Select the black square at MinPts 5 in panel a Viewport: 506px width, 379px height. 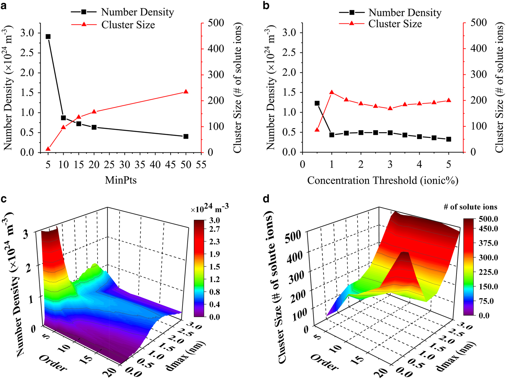(48, 36)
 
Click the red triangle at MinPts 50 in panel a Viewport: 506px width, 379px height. (186, 92)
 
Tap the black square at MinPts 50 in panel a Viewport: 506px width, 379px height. (186, 136)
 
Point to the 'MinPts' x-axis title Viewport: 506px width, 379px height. (121, 180)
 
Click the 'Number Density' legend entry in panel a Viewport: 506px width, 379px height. (137, 12)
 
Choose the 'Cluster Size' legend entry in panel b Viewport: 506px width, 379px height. (395, 24)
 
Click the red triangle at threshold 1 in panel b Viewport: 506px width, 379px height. (332, 92)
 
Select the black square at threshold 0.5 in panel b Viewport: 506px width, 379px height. (317, 103)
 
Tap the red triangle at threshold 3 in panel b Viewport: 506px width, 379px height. (390, 108)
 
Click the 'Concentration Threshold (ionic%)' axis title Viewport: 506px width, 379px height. (382, 180)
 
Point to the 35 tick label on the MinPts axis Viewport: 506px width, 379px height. (125, 165)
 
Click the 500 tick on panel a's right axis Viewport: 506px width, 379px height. (216, 23)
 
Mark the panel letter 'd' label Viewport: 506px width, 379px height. (266, 199)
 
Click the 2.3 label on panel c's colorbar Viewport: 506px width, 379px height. (214, 241)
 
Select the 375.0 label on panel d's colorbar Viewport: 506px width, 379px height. (488, 243)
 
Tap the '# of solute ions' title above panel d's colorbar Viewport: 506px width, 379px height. (470, 207)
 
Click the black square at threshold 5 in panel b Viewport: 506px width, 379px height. (449, 139)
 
